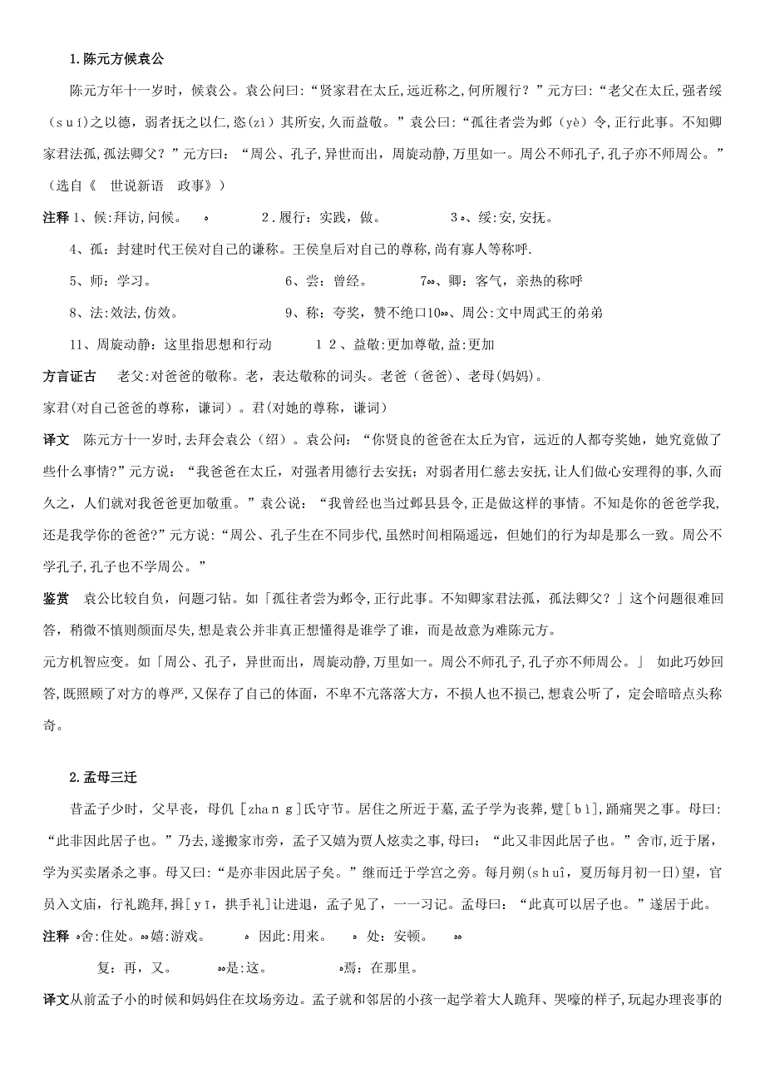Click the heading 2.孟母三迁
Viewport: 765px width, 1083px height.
103,778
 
